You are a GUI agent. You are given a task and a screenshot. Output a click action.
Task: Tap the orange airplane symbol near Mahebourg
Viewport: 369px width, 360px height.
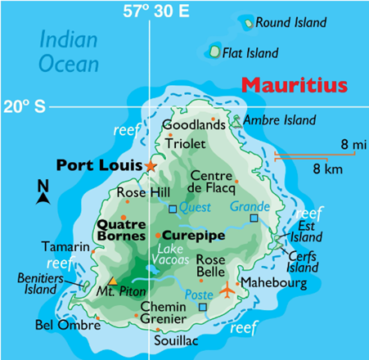click(227, 289)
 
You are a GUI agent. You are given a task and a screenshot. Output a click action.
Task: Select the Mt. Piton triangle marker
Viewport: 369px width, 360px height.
click(113, 281)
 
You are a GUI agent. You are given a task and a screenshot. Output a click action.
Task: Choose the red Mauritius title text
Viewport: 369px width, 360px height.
click(295, 84)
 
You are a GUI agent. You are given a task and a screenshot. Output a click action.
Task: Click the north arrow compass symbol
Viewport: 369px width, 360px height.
click(43, 193)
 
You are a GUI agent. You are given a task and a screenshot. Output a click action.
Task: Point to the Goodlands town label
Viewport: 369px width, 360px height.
click(193, 124)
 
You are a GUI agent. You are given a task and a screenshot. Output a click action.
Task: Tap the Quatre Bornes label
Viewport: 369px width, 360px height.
click(121, 229)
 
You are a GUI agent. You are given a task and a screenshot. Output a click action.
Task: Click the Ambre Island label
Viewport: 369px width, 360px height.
click(280, 120)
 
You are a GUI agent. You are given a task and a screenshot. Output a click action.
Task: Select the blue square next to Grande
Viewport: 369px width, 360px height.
click(254, 218)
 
